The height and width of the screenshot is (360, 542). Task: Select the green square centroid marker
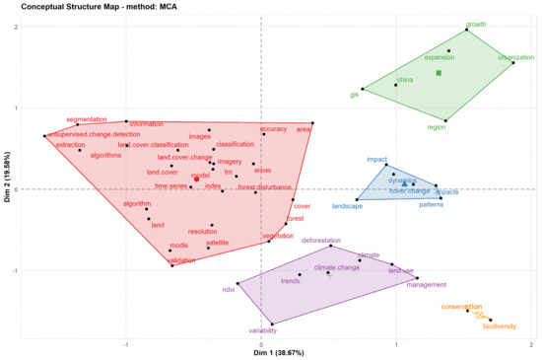(x=440, y=73)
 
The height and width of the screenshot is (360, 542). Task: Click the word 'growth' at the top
(x=476, y=24)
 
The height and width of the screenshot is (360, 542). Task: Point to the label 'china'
(x=405, y=79)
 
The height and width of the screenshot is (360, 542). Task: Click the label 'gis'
(x=355, y=95)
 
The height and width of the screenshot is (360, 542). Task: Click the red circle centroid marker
(x=196, y=180)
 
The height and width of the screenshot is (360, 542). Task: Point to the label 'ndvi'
(x=229, y=289)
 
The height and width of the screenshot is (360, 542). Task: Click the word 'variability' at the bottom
(x=262, y=330)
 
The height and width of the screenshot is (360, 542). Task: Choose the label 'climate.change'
(x=337, y=267)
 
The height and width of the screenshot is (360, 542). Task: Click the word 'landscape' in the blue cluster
(x=347, y=205)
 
